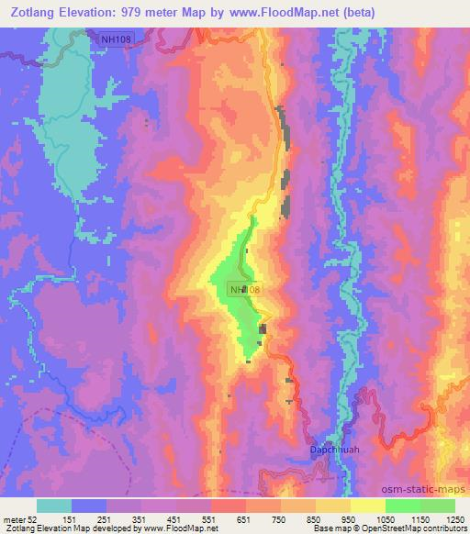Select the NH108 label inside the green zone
244,289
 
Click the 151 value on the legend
88,520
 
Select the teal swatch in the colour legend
54,506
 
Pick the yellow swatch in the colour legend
367,506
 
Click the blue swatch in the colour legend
89,506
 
